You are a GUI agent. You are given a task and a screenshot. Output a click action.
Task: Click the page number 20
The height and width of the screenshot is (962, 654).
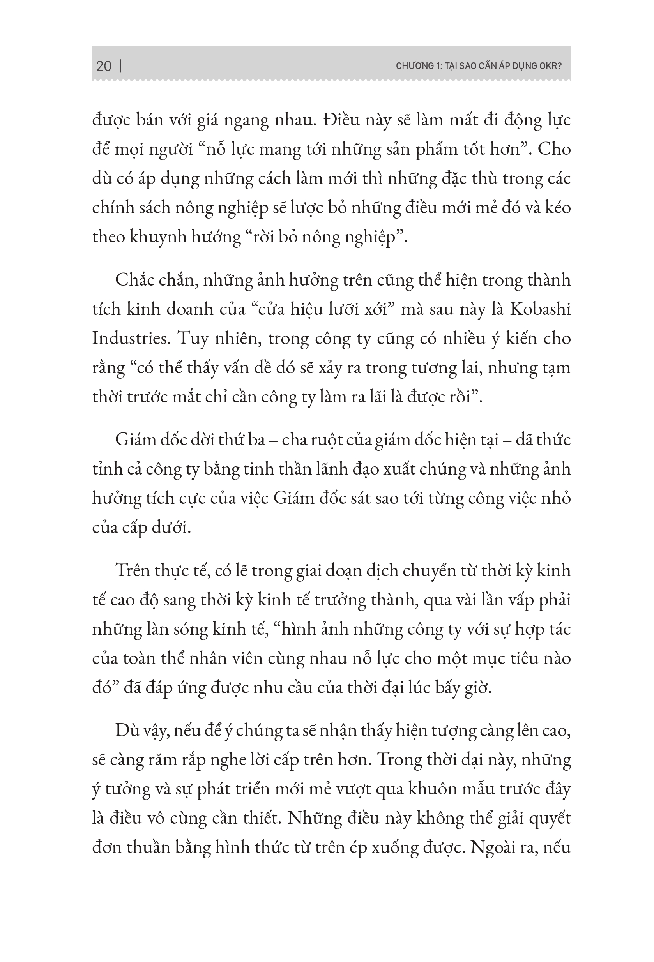[104, 66]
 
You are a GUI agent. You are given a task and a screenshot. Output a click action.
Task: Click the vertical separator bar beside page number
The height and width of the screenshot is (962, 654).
[120, 66]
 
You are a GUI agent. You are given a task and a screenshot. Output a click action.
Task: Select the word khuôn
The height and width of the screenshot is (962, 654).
[434, 789]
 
